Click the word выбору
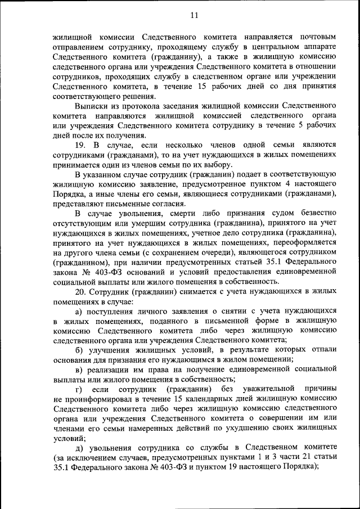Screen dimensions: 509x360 click(216, 164)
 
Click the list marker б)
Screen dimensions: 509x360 click(79, 350)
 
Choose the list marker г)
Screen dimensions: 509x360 click(78, 389)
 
